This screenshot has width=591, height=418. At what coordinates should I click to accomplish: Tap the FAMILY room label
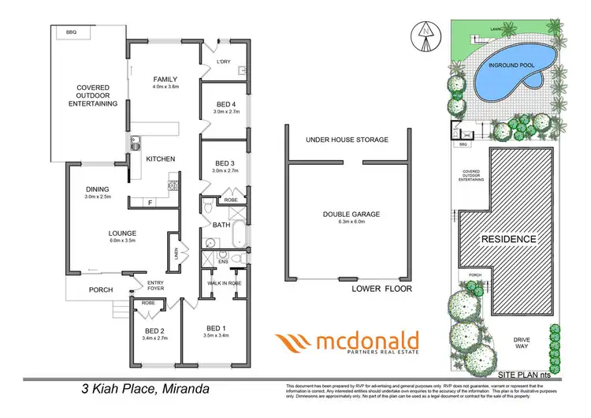(x=165, y=79)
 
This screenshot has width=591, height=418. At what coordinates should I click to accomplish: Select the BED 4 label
(x=226, y=104)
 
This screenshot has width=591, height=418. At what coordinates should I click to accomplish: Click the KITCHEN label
(x=161, y=159)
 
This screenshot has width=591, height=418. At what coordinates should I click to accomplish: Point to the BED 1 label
(x=217, y=328)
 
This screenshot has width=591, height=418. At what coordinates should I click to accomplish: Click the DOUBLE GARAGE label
(x=348, y=215)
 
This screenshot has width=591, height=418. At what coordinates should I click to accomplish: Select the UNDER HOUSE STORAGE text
(x=348, y=140)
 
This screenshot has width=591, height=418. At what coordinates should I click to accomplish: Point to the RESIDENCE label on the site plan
(x=508, y=239)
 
